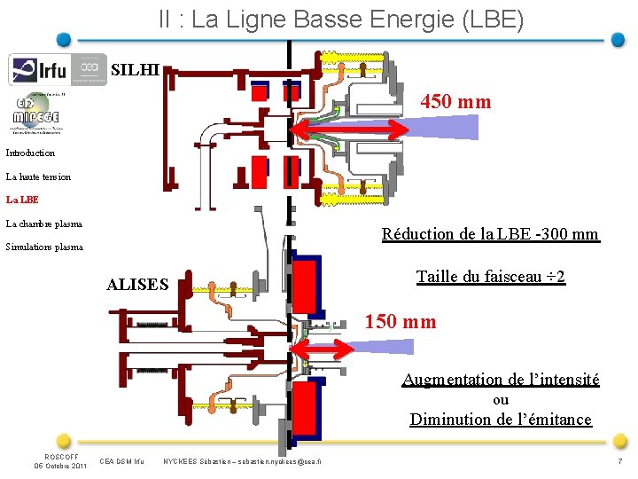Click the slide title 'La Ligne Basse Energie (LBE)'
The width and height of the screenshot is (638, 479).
point(341,19)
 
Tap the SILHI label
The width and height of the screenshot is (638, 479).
point(136,69)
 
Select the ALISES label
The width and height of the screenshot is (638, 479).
point(137,285)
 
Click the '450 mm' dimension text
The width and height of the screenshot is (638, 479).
point(455,102)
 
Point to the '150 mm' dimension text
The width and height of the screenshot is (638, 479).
point(401,322)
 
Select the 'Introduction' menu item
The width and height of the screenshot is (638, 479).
point(30,153)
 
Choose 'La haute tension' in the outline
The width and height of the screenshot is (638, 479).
point(38,177)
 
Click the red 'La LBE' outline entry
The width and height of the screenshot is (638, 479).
point(22,200)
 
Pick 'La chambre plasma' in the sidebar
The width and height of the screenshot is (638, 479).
point(43,224)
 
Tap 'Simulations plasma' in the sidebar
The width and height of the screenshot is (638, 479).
point(44,247)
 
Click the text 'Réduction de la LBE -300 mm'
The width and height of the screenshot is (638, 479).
point(490,235)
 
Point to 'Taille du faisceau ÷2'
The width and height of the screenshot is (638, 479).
point(491,277)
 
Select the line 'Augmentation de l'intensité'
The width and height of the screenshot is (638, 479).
point(501,380)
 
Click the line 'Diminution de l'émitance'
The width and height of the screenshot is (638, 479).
point(501,420)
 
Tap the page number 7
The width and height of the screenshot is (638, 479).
point(619,463)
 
